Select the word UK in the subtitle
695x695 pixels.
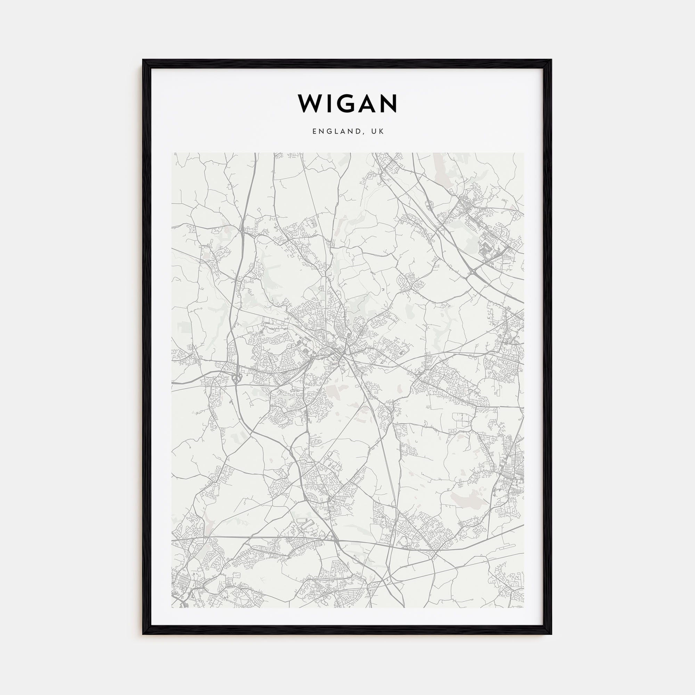[379, 132]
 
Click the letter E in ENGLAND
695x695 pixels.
[315, 132]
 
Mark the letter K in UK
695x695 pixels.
[382, 132]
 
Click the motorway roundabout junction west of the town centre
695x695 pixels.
[237, 378]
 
